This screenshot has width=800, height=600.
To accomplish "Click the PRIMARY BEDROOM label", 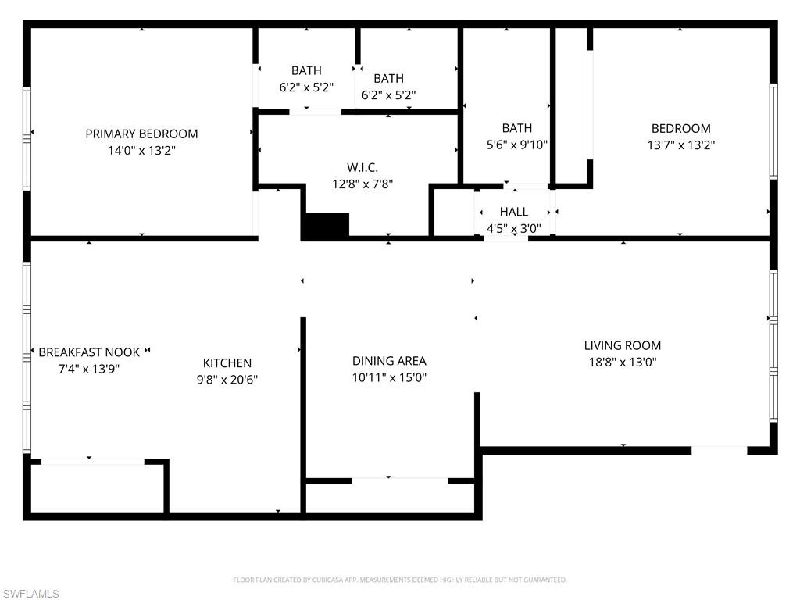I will coord(141,134).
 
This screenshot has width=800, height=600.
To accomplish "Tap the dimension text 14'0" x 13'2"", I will coord(141,151).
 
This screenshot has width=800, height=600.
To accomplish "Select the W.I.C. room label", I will coord(362,167).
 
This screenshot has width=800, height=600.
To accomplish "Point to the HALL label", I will coord(513,212).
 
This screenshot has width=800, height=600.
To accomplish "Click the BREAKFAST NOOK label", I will coord(89,352).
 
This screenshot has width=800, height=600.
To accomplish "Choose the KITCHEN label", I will coord(227,362).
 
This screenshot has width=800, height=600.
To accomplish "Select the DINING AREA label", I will coord(389,361).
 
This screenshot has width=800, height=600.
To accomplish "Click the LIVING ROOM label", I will coord(622,345).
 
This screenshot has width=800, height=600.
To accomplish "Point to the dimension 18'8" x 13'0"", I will coord(622,362).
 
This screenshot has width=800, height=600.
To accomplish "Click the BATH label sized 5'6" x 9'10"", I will coord(516,128).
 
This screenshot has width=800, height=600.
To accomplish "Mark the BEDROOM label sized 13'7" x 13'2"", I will coord(680,128).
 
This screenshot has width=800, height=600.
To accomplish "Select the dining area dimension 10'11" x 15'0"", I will coord(389,378).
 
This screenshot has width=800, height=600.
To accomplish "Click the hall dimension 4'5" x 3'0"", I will coord(513,229).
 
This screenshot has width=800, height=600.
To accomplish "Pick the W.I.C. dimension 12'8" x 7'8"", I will coord(362,184).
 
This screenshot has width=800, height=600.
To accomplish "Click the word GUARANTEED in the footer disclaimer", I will coord(546,580).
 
